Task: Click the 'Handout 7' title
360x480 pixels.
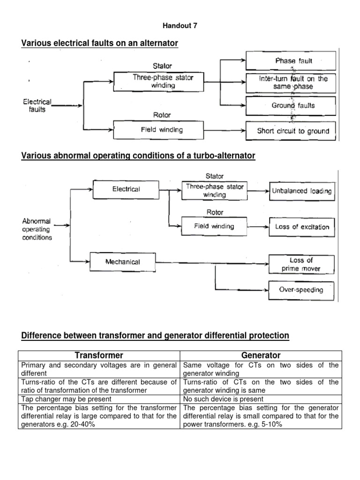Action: (x=180, y=26)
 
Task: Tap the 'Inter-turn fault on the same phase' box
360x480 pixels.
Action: (x=293, y=83)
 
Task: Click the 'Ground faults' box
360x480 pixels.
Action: (x=293, y=105)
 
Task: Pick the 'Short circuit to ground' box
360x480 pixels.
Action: (x=293, y=131)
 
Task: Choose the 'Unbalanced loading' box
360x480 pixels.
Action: (x=302, y=191)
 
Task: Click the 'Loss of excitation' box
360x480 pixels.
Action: (x=302, y=227)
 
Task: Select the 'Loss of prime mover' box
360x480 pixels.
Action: (x=301, y=264)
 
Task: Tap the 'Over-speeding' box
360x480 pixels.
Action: (x=301, y=290)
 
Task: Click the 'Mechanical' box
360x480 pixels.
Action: (x=122, y=262)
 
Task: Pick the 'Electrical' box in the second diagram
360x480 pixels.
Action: (x=126, y=189)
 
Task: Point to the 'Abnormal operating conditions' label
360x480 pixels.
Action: (x=37, y=229)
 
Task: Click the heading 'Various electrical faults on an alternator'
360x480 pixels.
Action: (x=100, y=44)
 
